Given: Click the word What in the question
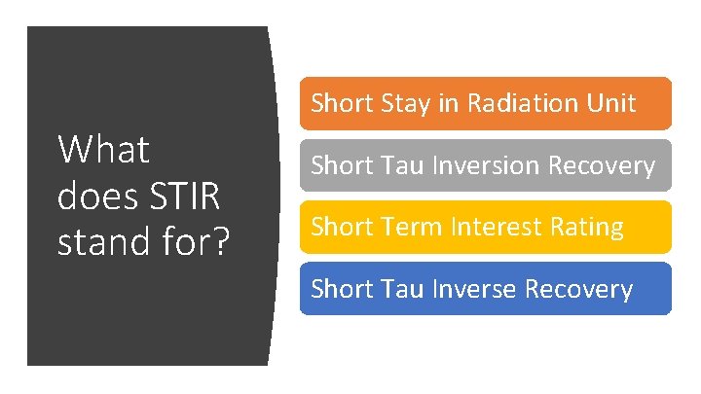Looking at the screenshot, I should coord(104,151).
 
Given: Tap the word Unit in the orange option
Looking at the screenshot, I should coord(613,103).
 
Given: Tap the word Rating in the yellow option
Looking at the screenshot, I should coord(587,228).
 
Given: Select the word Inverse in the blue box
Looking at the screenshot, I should coord(467,289).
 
